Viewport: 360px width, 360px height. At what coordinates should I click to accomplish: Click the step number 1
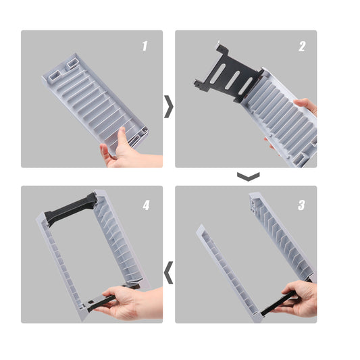145,46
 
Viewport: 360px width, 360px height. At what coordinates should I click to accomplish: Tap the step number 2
302,47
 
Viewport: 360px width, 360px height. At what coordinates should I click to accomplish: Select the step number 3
301,205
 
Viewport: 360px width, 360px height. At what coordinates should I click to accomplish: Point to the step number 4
146,205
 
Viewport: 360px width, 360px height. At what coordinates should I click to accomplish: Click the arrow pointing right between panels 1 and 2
169,107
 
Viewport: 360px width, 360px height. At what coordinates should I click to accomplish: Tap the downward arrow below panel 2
249,176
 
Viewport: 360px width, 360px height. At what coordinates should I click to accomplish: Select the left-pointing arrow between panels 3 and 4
169,272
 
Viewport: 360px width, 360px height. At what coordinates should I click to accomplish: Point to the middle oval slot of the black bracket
232,80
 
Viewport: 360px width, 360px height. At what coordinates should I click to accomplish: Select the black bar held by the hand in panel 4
101,301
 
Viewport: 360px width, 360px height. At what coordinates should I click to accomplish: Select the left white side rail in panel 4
60,266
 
